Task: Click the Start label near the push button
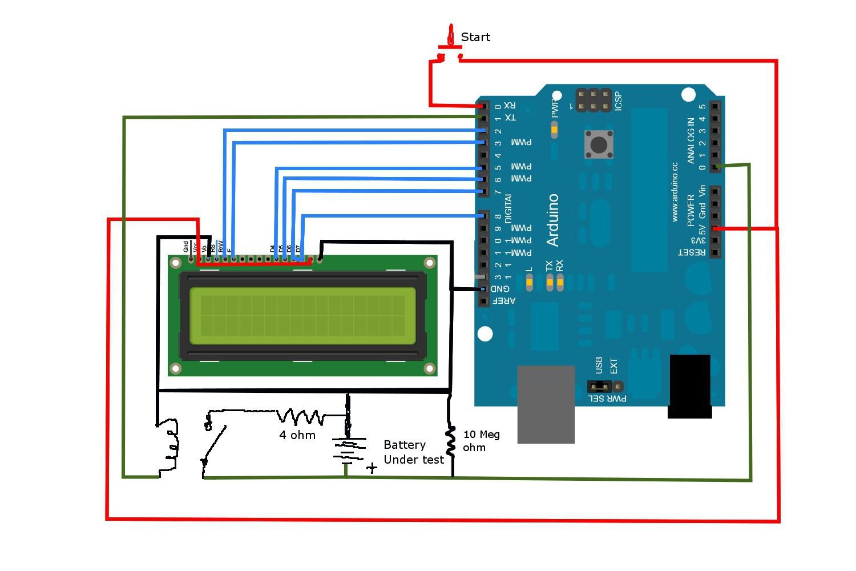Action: coord(475,37)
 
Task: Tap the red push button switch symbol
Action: coord(450,46)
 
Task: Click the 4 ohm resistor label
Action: coord(297,435)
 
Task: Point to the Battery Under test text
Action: coord(413,452)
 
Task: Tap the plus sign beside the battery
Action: coord(372,468)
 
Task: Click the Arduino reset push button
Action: coord(598,144)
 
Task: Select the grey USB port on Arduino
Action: coord(546,404)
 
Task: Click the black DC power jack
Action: coord(689,386)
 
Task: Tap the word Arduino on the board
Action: coord(552,220)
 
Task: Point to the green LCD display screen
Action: coord(302,316)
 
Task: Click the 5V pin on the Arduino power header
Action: coord(715,228)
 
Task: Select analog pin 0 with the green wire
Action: coord(716,167)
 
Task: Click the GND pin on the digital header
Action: coord(483,289)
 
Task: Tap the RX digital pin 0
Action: coord(483,106)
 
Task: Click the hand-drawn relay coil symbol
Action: coord(170,445)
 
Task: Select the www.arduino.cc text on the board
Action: coord(675,192)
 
